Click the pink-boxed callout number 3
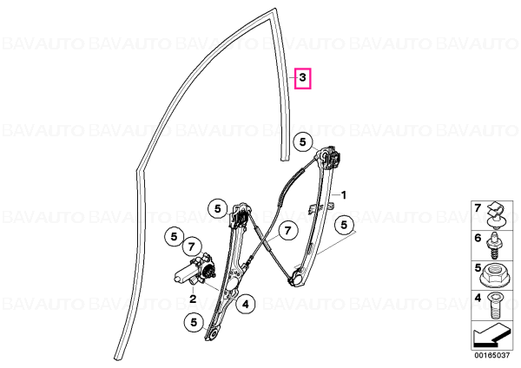302,78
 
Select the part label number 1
344,195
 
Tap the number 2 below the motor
193,299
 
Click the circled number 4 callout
245,304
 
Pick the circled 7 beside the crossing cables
287,230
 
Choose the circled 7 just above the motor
191,246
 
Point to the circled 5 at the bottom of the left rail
194,322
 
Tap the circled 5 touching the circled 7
175,236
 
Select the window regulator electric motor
194,270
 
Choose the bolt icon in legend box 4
495,305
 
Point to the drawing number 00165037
491,355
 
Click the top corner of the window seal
275,9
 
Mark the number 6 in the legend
478,238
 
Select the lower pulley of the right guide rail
296,277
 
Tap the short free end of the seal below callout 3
285,159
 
